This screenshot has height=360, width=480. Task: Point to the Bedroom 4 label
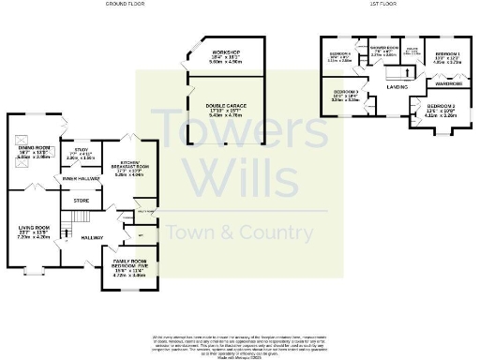point(339,54)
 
